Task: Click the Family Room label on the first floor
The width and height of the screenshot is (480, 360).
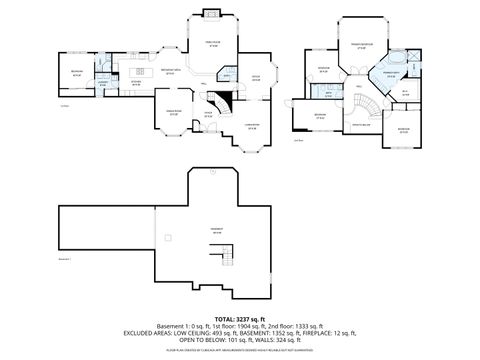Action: (x=212, y=43)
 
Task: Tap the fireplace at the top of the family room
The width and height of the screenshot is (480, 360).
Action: (x=212, y=13)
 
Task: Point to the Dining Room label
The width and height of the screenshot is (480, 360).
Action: (x=173, y=112)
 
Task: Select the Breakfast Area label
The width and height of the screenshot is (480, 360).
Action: (x=170, y=71)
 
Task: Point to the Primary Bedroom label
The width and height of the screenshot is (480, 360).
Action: (x=361, y=45)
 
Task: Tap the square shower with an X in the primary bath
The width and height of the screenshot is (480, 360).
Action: (x=417, y=58)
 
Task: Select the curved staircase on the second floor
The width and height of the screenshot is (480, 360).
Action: (x=371, y=104)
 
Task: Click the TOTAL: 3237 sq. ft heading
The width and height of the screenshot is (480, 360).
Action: (x=240, y=316)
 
